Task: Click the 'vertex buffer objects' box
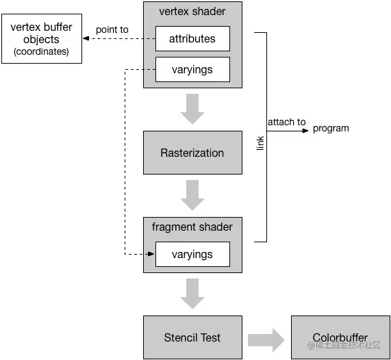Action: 41,39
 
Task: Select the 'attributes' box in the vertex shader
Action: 192,39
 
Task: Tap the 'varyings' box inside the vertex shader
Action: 192,69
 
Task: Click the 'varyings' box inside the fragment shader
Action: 192,255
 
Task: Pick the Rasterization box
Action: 192,153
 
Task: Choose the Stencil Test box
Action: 192,337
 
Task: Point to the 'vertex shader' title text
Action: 192,11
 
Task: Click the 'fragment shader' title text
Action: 192,227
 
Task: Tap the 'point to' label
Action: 112,29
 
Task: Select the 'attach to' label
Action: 287,122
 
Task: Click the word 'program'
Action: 331,128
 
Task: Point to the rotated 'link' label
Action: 260,142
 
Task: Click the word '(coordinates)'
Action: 41,52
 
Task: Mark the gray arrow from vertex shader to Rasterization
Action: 192,109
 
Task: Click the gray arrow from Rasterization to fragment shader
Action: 192,195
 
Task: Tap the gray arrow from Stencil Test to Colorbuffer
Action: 265,338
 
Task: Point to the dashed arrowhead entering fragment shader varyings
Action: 151,255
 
